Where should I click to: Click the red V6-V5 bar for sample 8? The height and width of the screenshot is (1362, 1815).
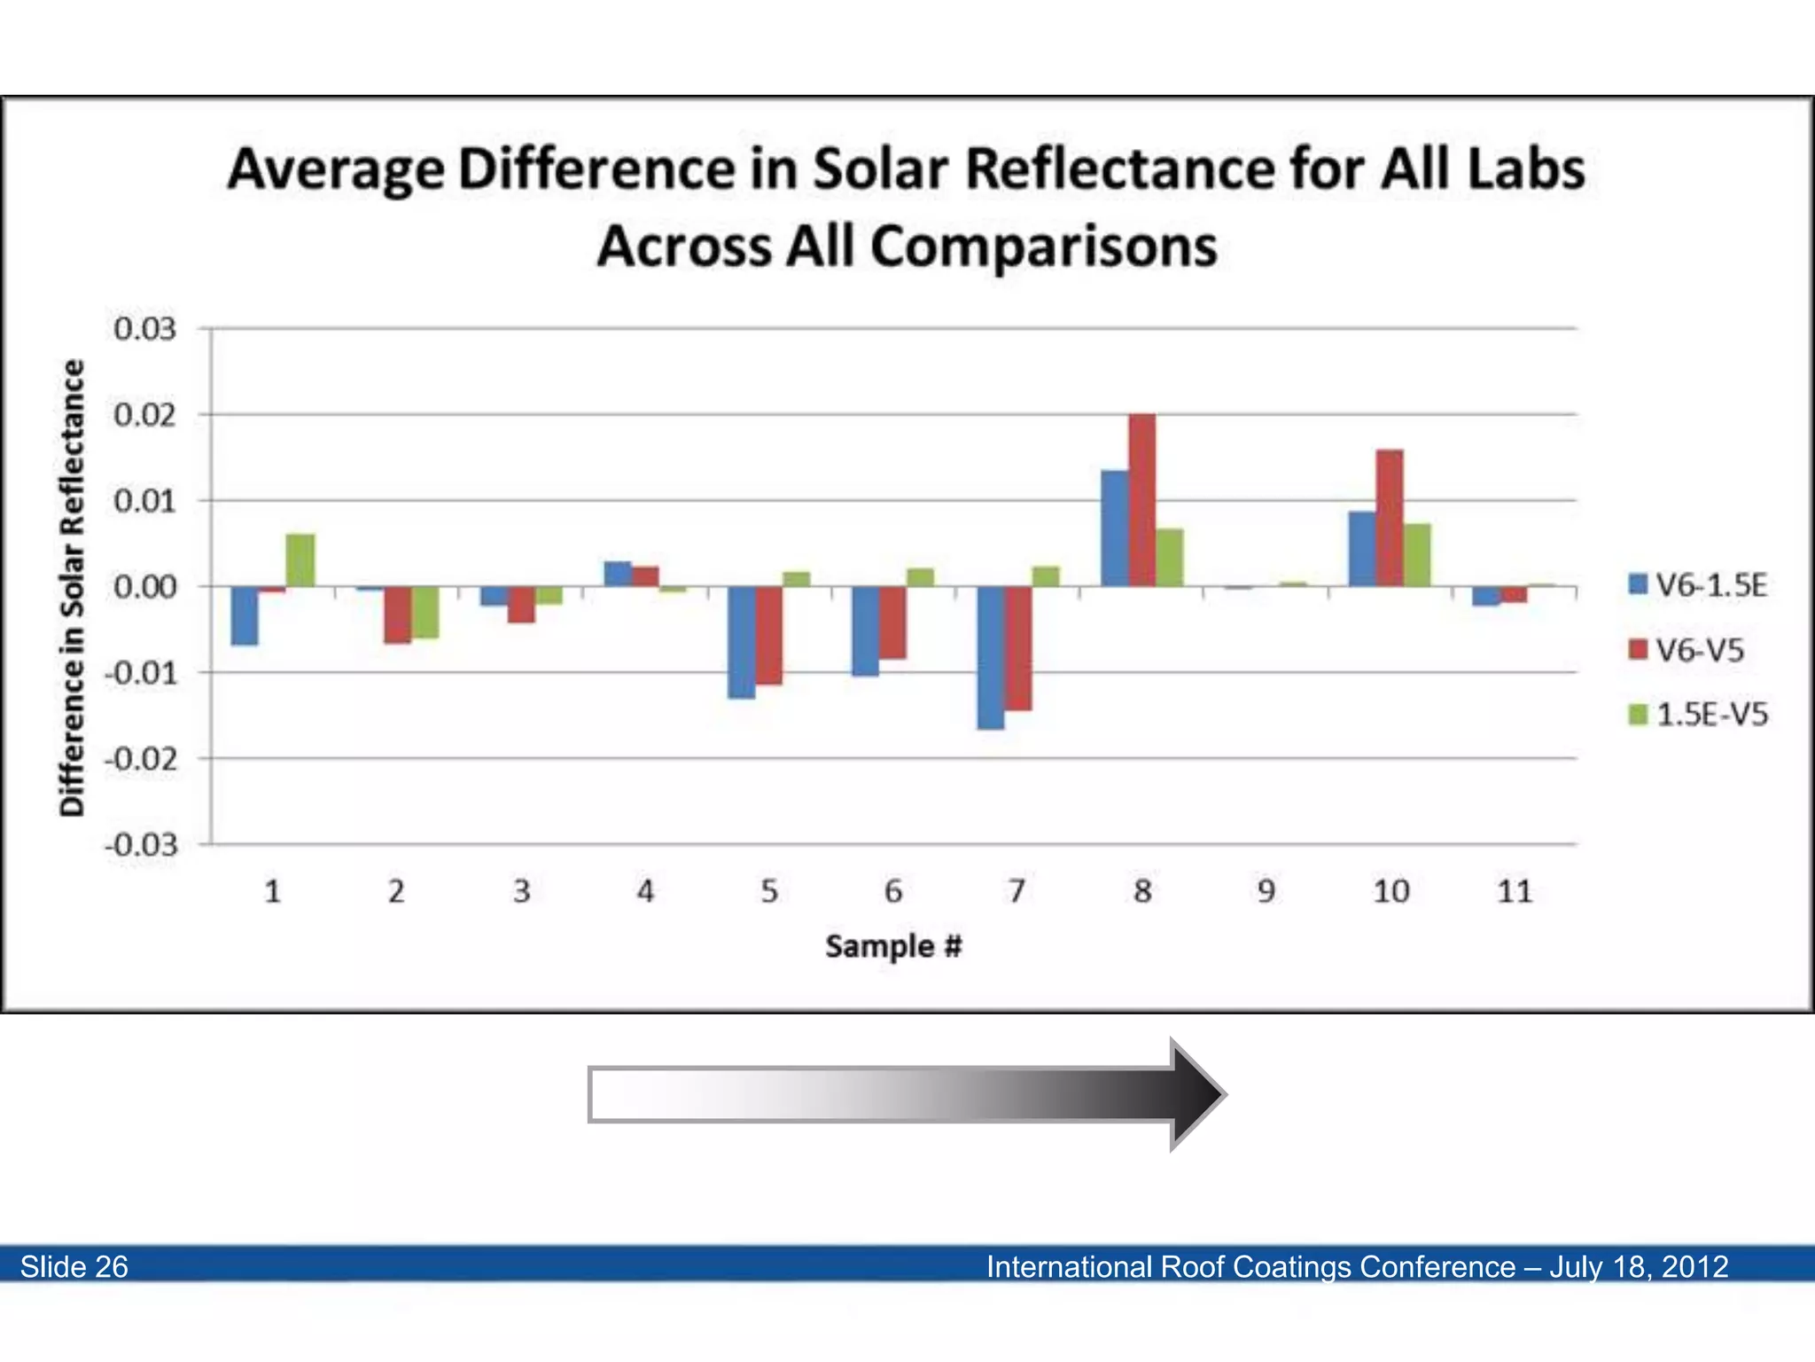coord(1142,500)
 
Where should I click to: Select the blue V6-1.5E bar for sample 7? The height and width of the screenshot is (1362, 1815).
coord(991,658)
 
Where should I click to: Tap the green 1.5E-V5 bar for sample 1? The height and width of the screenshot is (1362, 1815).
coord(300,560)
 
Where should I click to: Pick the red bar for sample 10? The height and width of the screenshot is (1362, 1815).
coord(1390,518)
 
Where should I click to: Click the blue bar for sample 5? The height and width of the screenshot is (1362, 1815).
coord(742,642)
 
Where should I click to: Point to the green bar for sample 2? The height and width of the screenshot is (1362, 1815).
coord(425,612)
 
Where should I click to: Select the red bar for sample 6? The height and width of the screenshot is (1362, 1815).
coord(892,622)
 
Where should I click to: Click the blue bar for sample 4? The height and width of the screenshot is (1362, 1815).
coord(618,574)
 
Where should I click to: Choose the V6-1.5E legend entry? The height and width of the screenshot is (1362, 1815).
coord(1698,585)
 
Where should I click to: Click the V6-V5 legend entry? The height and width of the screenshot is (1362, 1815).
coord(1687,650)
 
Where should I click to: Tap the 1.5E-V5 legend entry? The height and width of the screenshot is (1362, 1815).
coord(1698,715)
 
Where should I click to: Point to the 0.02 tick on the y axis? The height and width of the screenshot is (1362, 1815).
coord(144,415)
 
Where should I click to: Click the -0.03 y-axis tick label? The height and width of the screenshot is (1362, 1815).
coord(142,845)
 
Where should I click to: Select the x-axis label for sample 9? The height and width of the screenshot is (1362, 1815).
coord(1266,891)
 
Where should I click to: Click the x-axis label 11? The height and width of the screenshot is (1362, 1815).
coord(1515,891)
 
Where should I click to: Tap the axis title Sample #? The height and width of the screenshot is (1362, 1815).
coord(893,947)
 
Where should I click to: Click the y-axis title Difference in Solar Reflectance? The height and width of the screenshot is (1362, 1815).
coord(73,587)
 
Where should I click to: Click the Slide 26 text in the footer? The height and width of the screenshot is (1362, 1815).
coord(74,1266)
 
